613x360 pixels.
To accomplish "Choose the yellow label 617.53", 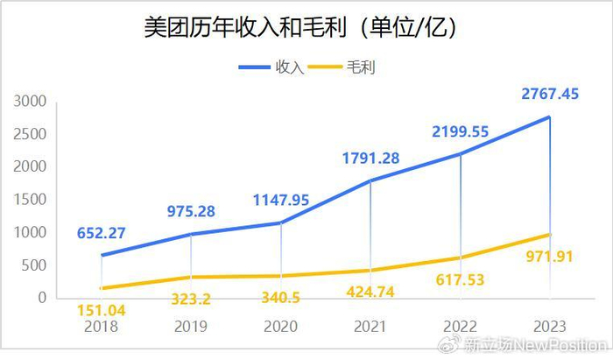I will [x=462, y=280].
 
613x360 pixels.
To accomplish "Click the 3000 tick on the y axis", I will [x=30, y=102].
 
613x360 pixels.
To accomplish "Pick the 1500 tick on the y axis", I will [x=30, y=200].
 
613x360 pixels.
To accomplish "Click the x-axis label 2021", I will [x=371, y=326].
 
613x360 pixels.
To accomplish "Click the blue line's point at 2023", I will [x=550, y=117].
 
